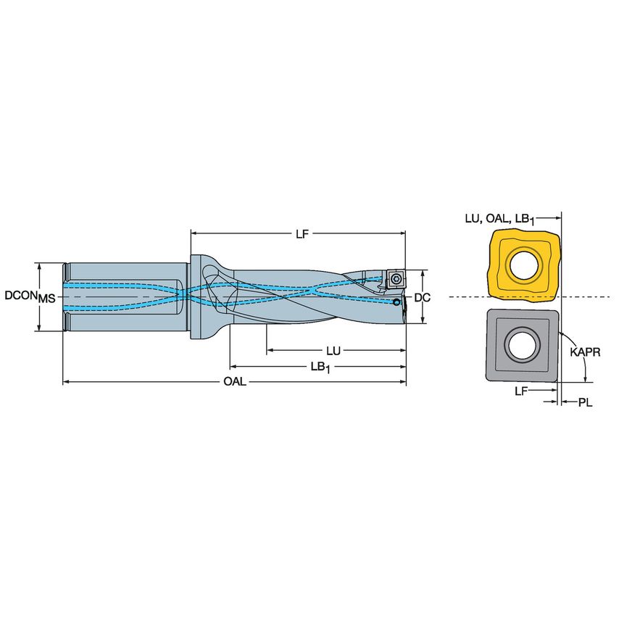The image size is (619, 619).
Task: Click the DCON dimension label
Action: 20,296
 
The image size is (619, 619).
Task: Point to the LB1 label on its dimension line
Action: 319,367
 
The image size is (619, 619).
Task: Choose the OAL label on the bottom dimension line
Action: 234,382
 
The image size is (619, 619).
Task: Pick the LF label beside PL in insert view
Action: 520,391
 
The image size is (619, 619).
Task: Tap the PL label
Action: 585,402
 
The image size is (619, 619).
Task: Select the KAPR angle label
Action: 583,352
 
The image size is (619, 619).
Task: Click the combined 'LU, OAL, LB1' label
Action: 499,218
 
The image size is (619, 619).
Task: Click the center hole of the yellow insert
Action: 524,265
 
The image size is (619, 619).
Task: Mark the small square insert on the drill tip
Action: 396,278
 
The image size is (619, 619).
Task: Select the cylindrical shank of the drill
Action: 123,296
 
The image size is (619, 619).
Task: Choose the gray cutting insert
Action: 497,362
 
